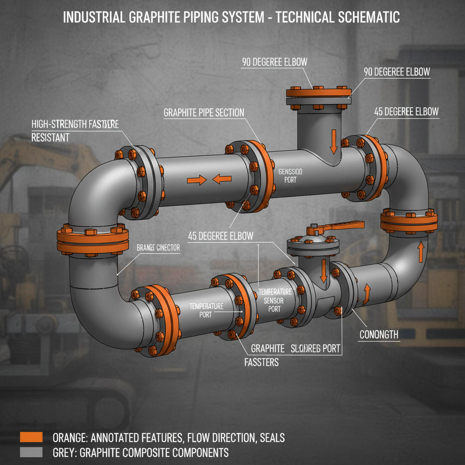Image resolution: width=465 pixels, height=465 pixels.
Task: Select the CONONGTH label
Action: point(379,335)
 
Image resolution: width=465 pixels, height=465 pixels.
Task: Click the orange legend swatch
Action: point(31,437)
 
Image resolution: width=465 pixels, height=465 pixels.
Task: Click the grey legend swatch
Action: point(31,452)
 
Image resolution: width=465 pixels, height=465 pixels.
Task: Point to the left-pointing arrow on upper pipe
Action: point(222,179)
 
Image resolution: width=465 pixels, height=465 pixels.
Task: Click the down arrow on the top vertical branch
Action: point(333,141)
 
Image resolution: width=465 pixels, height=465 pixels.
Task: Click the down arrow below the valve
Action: point(323,271)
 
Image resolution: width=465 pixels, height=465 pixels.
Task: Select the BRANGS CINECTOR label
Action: point(158,248)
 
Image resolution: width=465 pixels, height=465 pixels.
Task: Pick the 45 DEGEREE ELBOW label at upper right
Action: point(406,111)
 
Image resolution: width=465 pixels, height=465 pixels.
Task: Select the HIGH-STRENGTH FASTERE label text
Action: point(75,124)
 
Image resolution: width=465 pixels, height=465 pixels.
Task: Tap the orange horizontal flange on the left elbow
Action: point(92,241)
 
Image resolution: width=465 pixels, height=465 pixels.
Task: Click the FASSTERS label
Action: point(259,363)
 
